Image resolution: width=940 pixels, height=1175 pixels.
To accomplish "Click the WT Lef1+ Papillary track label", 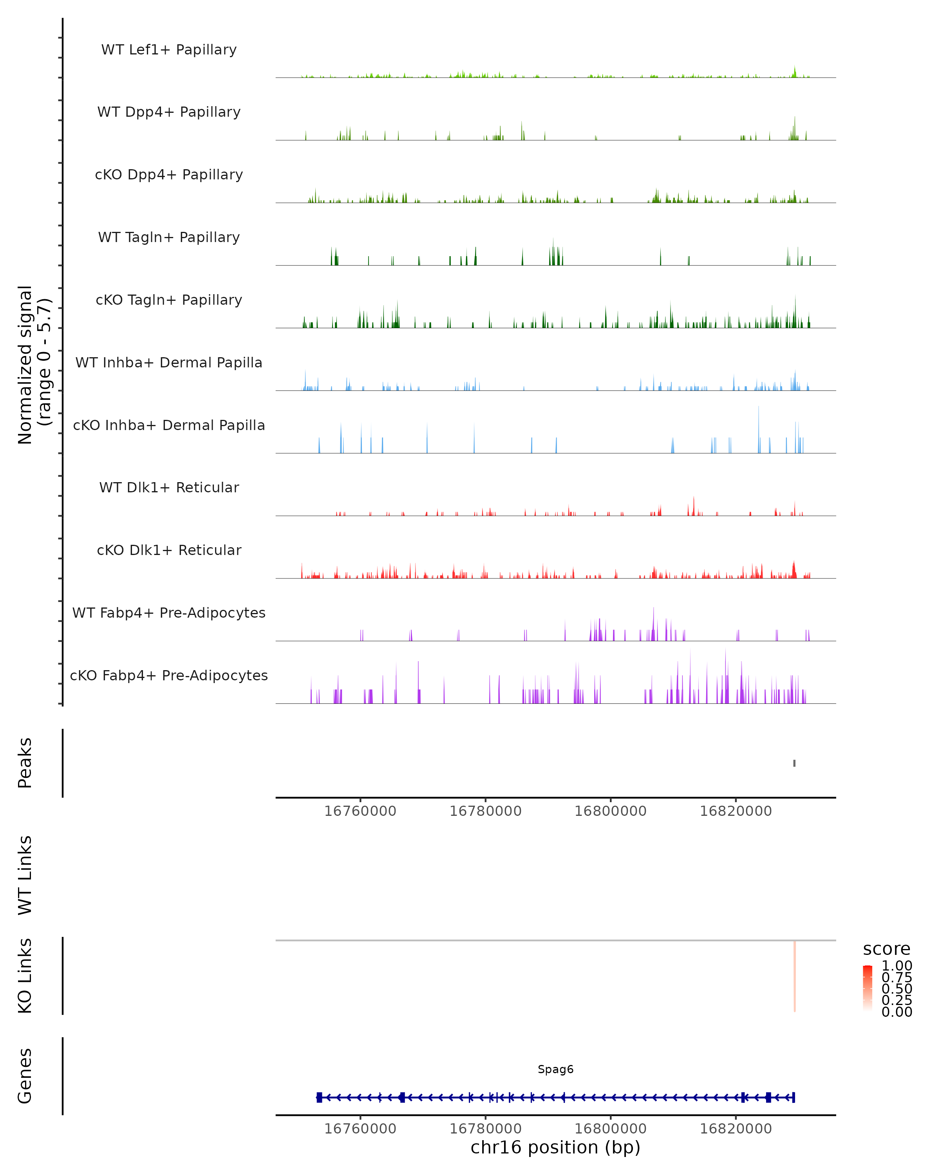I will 169,50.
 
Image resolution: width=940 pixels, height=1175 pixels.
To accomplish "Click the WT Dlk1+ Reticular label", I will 169,487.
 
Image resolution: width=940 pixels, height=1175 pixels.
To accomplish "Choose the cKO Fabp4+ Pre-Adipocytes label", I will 169,675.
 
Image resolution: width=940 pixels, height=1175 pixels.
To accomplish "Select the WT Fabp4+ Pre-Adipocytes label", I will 169,613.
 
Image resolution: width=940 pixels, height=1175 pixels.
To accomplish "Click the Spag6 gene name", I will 555,1069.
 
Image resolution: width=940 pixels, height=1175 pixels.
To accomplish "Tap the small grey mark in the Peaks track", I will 794,763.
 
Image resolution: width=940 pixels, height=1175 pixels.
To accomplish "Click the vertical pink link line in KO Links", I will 795,976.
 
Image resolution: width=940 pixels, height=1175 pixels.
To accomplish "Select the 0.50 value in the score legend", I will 897,989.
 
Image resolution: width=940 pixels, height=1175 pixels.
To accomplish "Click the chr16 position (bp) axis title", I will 555,1147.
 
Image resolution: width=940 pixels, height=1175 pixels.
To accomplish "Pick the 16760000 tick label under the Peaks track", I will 360,811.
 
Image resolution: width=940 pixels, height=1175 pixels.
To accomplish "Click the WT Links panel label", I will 25,875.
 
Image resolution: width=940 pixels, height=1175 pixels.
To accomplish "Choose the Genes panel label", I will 25,1076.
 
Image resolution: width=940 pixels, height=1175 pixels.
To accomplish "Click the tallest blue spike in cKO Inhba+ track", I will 759,430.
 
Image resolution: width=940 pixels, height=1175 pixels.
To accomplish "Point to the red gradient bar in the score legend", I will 868,988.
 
